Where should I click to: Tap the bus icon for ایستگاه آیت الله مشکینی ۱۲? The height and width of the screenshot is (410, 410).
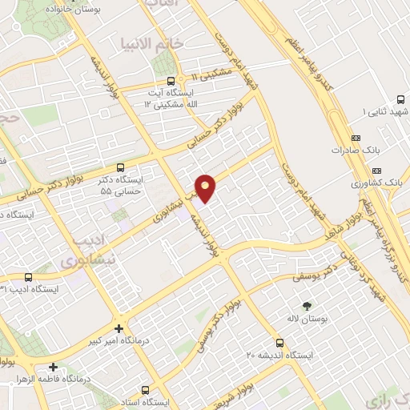click(171, 81)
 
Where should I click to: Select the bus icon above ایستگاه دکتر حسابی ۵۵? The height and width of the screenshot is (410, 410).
click(120, 168)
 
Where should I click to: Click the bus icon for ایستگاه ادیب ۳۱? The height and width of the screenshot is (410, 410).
click(27, 275)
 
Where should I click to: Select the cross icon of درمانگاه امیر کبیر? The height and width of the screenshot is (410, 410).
click(119, 328)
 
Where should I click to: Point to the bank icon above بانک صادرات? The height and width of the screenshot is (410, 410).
click(356, 137)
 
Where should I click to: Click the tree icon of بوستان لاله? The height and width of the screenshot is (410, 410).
click(307, 305)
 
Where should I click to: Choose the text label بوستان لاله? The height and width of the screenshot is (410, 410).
click(307, 319)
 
